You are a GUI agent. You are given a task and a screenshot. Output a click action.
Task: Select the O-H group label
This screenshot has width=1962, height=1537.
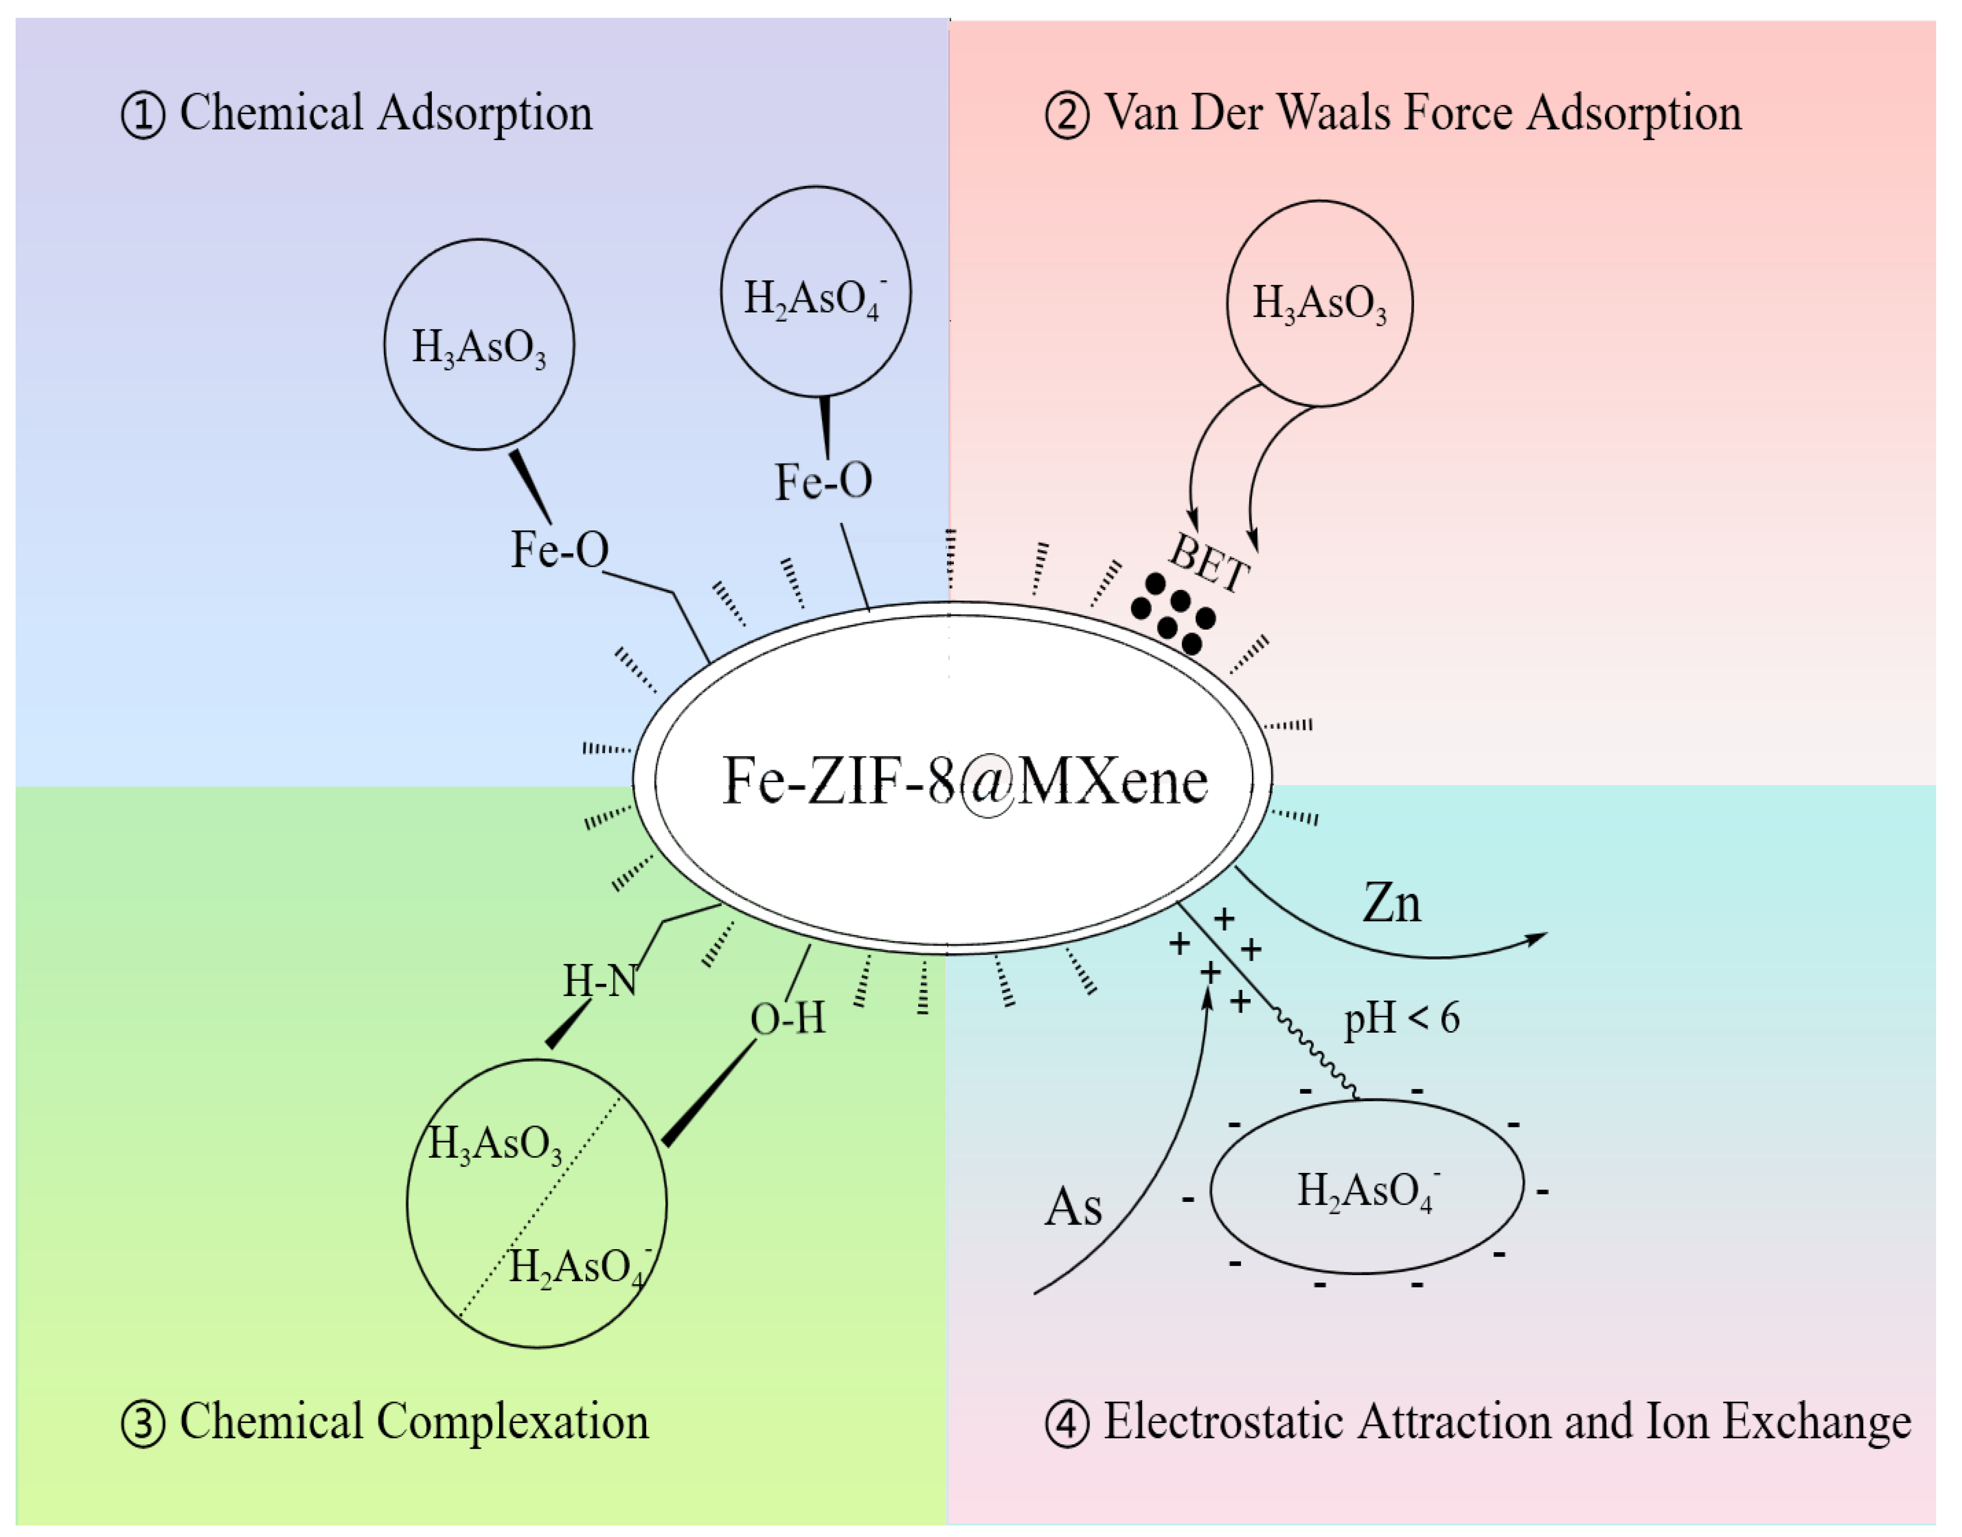coord(788,1019)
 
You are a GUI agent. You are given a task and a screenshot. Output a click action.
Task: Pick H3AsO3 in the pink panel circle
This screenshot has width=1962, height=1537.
coord(1319,303)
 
